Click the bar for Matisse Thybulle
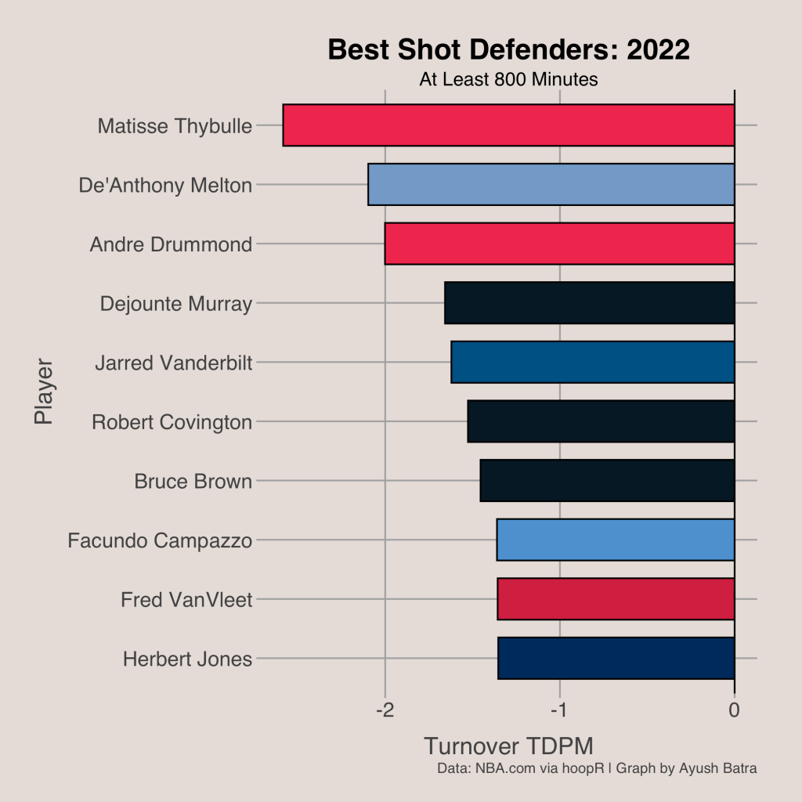pos(508,125)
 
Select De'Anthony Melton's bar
pos(551,185)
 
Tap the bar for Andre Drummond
pos(559,244)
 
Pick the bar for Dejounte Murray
pos(589,303)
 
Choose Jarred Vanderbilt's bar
pos(592,363)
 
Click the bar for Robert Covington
pos(601,421)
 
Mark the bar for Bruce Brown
pos(607,481)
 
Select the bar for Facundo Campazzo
pos(616,540)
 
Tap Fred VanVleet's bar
pos(616,599)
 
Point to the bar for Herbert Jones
pos(616,659)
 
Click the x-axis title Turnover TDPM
pos(508,746)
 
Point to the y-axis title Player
pos(44,392)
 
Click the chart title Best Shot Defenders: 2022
pos(508,49)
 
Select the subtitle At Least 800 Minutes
pos(508,79)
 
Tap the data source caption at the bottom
pos(597,768)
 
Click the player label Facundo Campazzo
pos(160,540)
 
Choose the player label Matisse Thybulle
pos(175,126)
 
